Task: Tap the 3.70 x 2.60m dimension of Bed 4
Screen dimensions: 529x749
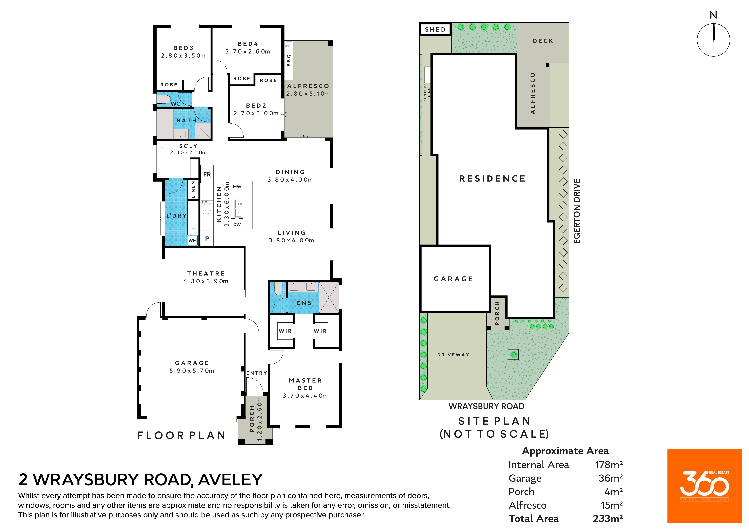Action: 248,52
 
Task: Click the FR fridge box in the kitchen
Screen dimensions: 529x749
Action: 207,175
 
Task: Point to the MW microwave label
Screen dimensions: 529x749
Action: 237,187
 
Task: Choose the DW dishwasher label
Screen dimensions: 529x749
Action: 237,224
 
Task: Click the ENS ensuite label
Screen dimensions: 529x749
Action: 304,303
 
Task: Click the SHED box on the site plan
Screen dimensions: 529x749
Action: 435,29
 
